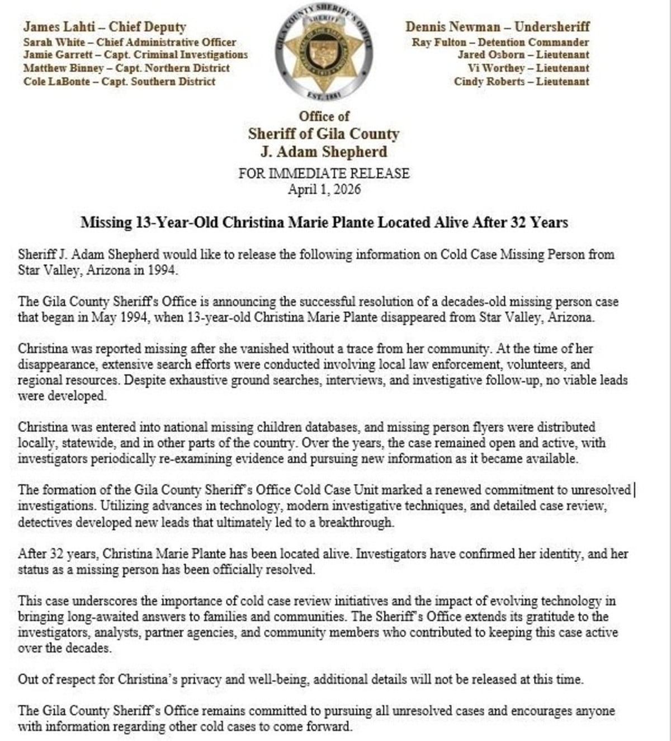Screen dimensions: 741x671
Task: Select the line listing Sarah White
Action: point(129,42)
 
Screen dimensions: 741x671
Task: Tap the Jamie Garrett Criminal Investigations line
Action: point(135,55)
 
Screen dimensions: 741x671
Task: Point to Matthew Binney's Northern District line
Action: point(126,68)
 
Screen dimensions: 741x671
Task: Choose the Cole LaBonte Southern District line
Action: point(119,82)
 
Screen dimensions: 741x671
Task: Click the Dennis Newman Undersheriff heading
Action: point(497,26)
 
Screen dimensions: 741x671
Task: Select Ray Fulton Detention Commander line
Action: point(500,42)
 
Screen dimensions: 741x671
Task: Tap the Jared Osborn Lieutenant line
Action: point(523,55)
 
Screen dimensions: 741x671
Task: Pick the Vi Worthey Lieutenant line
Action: point(528,68)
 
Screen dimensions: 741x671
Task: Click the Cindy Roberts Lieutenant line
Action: point(521,82)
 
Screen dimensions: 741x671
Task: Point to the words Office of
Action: point(324,116)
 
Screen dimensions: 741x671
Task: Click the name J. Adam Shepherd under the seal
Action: point(324,152)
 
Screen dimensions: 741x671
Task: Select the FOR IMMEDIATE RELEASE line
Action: point(324,173)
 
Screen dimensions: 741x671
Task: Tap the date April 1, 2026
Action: point(324,189)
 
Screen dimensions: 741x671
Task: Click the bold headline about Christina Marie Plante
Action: point(324,223)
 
